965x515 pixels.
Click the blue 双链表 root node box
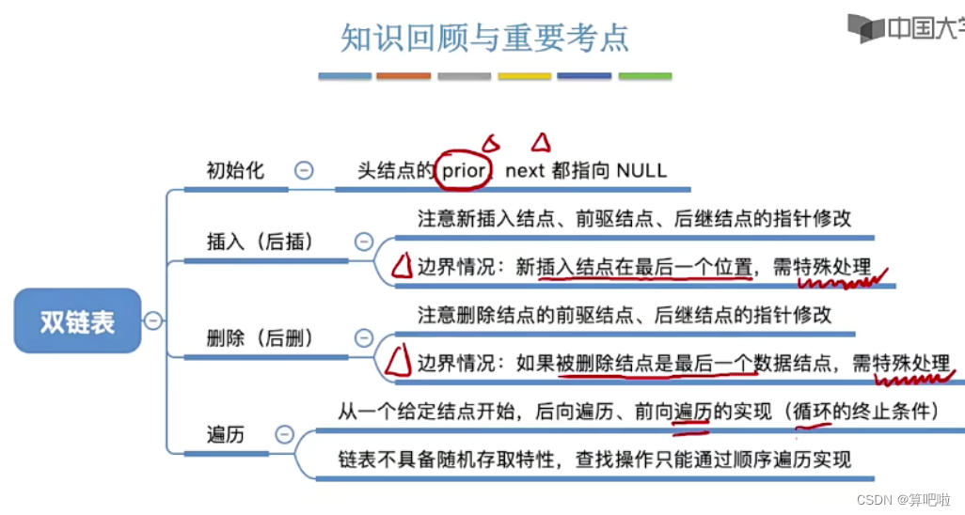[77, 321]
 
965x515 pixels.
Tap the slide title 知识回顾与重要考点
[484, 39]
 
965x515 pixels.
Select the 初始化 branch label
[235, 171]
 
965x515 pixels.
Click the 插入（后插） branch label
[260, 242]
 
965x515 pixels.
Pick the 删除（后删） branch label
[260, 337]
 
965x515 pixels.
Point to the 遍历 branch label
[226, 434]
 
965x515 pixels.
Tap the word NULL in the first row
[641, 171]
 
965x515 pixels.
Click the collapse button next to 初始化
[304, 170]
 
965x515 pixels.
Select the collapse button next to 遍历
[284, 434]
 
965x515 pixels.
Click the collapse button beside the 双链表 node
[153, 320]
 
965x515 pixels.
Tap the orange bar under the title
[403, 76]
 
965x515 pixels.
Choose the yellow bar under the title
[524, 76]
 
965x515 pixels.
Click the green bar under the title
[645, 76]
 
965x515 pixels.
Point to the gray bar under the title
[464, 76]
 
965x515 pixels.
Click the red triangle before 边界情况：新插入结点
[402, 268]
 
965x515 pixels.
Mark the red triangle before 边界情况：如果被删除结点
[402, 362]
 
